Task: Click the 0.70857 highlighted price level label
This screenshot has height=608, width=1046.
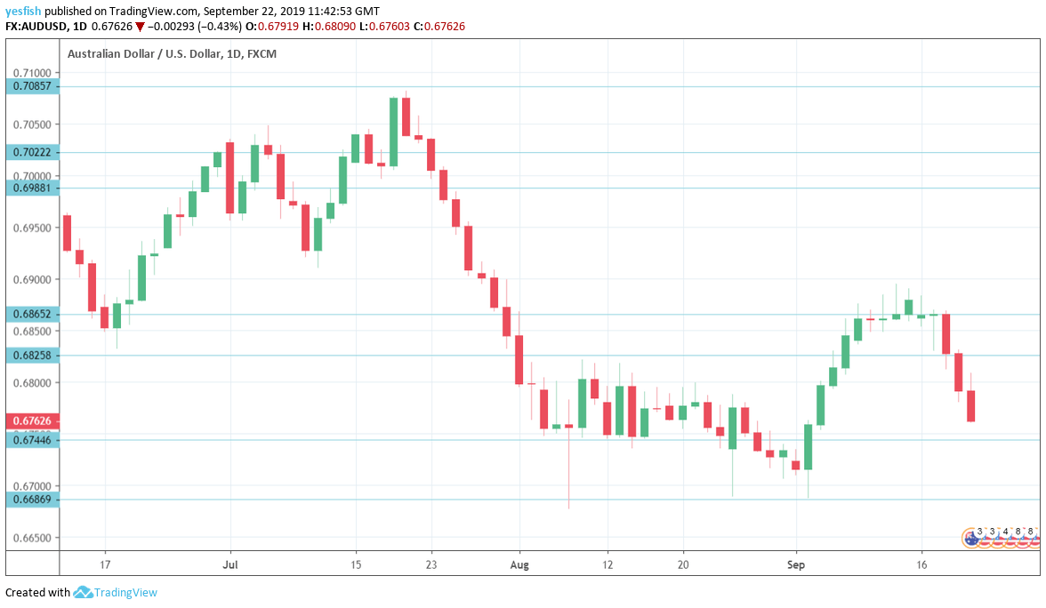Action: coord(33,86)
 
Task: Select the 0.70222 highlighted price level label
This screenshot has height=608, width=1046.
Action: coord(33,152)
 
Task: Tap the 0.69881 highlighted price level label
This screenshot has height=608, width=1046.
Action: coord(33,188)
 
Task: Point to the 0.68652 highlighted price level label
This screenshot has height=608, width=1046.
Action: coord(33,314)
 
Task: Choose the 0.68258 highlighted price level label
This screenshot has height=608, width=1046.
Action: coord(33,356)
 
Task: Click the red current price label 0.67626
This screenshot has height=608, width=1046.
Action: coord(33,420)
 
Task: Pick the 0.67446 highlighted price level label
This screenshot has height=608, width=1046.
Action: coord(33,439)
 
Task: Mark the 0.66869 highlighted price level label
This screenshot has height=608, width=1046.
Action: coord(33,500)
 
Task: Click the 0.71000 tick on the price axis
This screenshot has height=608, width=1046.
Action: coord(33,73)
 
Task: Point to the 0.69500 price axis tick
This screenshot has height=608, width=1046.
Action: coord(33,228)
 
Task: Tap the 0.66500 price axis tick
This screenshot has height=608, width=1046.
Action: coord(33,538)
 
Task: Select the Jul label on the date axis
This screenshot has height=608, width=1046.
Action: coord(230,564)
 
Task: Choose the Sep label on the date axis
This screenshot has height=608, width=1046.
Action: coord(796,564)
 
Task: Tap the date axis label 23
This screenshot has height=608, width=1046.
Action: coord(430,564)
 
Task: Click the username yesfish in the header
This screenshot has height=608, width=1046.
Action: coord(23,11)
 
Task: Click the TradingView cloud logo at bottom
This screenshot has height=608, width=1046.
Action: coord(83,592)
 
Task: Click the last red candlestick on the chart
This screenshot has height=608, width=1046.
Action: coord(971,405)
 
